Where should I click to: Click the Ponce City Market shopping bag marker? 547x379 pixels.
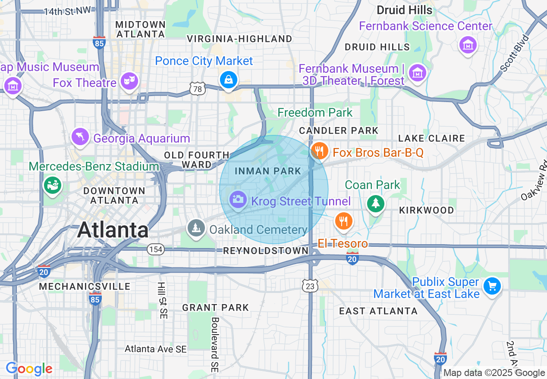[x=228, y=80]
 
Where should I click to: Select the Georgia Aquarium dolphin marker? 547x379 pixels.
[x=80, y=137]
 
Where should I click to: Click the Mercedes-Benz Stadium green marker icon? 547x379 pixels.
[x=53, y=185]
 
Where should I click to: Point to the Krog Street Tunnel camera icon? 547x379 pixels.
[x=237, y=199]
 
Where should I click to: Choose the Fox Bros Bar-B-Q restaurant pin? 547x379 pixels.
[x=319, y=151]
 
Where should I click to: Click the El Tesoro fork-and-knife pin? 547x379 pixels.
[x=343, y=221]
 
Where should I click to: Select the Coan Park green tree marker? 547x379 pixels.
[x=375, y=203]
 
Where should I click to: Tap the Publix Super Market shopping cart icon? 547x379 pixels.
[x=491, y=286]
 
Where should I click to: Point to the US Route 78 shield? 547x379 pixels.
[x=197, y=89]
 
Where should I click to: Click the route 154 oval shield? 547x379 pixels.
[x=155, y=249]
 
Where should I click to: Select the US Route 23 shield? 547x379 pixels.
[x=311, y=286]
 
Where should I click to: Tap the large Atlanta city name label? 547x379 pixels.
[x=113, y=230]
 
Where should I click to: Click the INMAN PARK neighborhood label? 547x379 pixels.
[x=267, y=171]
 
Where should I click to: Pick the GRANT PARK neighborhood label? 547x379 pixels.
[x=215, y=308]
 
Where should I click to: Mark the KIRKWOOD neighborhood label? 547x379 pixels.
[x=426, y=210]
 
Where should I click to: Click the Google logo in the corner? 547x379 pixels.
[x=29, y=369]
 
